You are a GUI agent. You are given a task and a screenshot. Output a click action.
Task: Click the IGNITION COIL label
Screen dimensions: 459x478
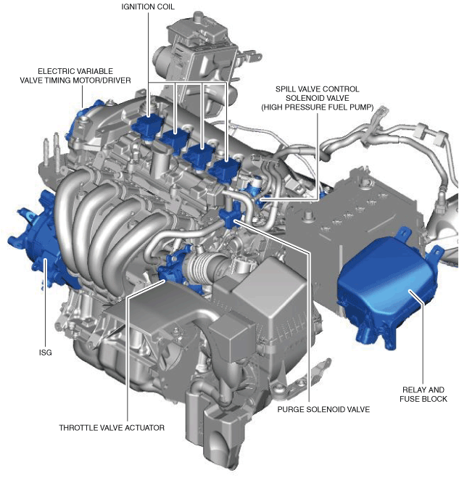[x=148, y=7]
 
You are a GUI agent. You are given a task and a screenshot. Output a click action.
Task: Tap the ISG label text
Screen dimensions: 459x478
[x=46, y=353]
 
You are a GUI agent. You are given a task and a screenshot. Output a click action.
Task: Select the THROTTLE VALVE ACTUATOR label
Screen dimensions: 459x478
[x=112, y=428]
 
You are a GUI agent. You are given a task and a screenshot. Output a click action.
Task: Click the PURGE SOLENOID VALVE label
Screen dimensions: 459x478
[x=323, y=409]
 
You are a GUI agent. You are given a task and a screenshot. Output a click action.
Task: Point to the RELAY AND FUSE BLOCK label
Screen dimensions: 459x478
[x=423, y=394]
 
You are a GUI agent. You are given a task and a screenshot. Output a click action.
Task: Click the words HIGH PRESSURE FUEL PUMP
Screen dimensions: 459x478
[x=318, y=107]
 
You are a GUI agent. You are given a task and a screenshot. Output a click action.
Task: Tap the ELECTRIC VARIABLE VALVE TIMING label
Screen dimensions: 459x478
[x=75, y=75]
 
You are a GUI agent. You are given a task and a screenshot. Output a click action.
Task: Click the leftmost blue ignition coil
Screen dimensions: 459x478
[x=148, y=127]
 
